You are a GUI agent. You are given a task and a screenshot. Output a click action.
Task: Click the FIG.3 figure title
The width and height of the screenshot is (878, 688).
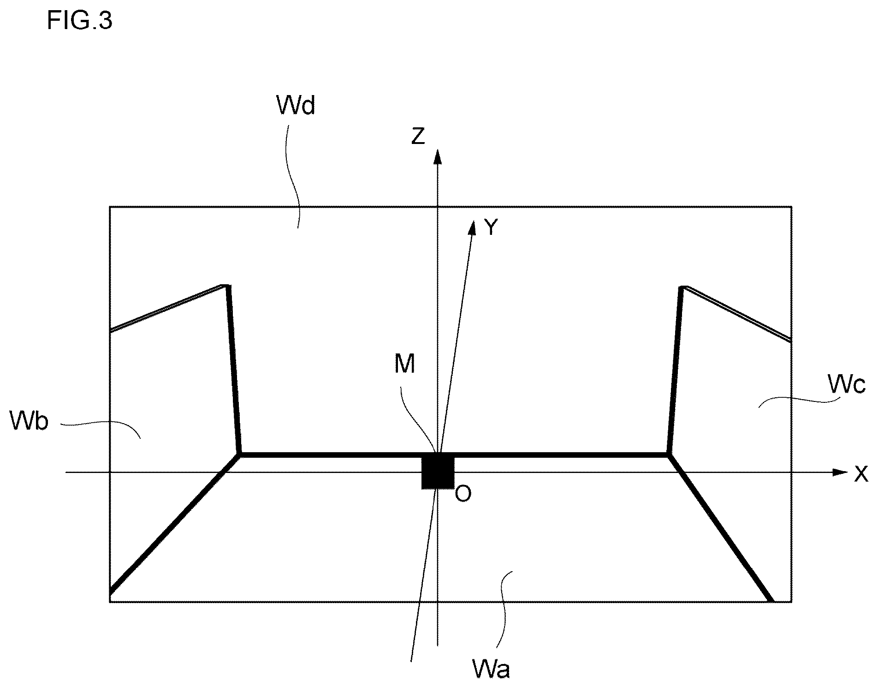coord(80,21)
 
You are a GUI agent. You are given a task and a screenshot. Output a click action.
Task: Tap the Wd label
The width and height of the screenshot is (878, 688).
coord(296,105)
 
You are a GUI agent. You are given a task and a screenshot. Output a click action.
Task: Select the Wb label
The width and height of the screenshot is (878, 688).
coord(29,421)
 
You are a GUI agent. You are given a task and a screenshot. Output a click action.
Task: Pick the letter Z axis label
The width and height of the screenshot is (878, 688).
coord(418,136)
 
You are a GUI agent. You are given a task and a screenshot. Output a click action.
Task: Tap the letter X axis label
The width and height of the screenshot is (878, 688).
coord(861,474)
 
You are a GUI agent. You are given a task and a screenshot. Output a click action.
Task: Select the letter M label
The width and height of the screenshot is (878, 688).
coord(405,364)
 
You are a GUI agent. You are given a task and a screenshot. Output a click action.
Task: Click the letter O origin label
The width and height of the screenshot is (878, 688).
coord(463,494)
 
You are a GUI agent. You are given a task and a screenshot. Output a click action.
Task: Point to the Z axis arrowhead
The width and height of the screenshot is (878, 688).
coord(438,156)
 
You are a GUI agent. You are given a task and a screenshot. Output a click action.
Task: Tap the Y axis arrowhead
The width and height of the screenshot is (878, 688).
coord(472,227)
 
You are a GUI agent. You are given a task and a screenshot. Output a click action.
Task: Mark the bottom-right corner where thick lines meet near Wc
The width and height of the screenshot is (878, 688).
coord(669,455)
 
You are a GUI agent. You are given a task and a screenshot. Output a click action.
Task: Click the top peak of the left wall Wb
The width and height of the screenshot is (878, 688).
coord(225,286)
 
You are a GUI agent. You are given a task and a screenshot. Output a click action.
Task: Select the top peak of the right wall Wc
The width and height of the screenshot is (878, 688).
coord(683,287)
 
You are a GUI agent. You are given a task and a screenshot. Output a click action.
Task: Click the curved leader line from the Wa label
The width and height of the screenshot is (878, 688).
coord(502,610)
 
